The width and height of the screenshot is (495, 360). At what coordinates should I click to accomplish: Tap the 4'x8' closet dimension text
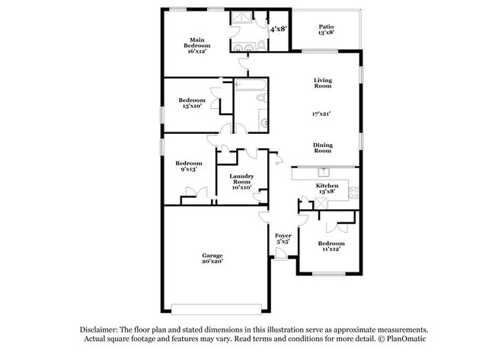(278, 29)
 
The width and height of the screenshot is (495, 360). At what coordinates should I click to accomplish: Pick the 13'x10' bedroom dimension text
(192, 107)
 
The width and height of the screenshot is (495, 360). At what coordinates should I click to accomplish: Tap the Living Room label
(324, 84)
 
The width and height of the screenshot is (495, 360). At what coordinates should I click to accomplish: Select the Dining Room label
(324, 147)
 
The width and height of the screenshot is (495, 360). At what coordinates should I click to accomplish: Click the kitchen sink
(323, 172)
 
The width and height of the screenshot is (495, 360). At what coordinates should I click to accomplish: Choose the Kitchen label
(327, 186)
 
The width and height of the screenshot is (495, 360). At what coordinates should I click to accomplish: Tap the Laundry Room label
(241, 180)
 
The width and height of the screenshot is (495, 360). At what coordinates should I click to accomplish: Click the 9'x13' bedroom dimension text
(188, 169)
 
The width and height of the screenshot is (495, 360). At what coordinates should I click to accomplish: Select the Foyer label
(283, 236)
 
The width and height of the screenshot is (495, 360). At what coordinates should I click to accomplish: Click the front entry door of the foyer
(281, 260)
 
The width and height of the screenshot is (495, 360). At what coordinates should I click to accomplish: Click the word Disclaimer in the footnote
(104, 328)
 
